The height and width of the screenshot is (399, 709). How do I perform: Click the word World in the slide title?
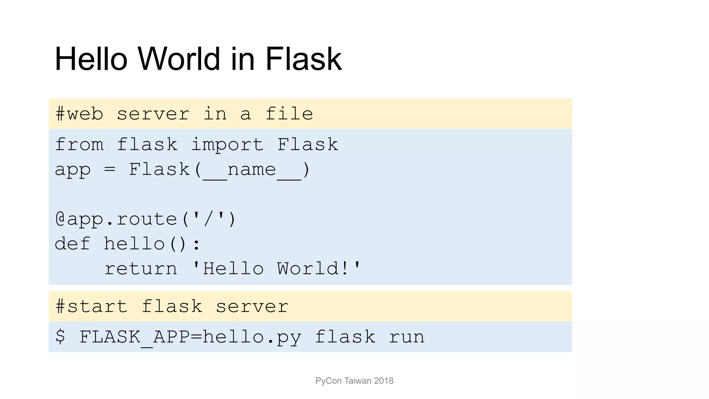click(x=179, y=59)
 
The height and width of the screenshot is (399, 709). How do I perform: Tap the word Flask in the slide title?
click(x=303, y=59)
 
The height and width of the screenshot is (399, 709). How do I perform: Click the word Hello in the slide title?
click(x=91, y=59)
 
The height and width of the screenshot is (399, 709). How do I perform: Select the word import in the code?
click(x=227, y=145)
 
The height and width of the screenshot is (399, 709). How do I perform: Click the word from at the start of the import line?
click(x=79, y=145)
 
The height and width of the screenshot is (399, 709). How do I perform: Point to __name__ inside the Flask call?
click(x=252, y=170)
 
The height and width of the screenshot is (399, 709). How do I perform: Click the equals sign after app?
click(x=110, y=170)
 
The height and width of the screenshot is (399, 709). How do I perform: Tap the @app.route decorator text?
click(x=145, y=219)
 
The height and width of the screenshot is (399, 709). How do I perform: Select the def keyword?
click(x=73, y=244)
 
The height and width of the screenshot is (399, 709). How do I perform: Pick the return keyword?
click(x=141, y=269)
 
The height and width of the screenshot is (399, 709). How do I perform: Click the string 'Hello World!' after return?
click(x=276, y=269)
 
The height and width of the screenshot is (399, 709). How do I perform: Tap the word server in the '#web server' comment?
click(x=153, y=114)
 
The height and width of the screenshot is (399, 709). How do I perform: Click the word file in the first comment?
click(x=289, y=114)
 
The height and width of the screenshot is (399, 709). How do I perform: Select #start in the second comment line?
click(x=91, y=307)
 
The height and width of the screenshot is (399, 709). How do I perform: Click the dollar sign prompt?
click(x=60, y=336)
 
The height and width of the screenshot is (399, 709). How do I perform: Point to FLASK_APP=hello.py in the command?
click(x=190, y=337)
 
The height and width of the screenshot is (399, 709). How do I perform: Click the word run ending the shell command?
click(x=406, y=337)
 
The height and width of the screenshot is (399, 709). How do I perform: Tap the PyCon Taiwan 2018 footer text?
click(x=354, y=381)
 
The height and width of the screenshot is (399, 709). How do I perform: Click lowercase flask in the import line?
click(x=147, y=145)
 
